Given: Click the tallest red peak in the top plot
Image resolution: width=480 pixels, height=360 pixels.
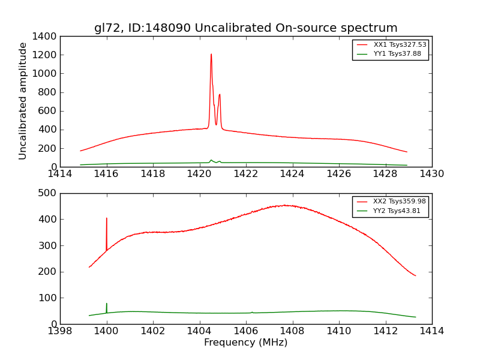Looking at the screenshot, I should point(211,55).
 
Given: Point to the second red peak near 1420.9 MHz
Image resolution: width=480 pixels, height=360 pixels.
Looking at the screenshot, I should point(220,95).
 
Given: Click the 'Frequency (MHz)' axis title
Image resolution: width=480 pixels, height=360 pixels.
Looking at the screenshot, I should point(245,343).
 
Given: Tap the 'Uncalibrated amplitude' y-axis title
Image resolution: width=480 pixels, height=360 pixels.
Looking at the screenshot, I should point(23,101).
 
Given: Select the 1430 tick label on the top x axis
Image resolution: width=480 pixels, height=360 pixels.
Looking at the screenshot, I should point(431,174).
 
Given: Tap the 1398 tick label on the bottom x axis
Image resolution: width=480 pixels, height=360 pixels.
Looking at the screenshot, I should point(60,331).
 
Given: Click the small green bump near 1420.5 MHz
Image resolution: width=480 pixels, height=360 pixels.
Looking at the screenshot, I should point(211,160).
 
